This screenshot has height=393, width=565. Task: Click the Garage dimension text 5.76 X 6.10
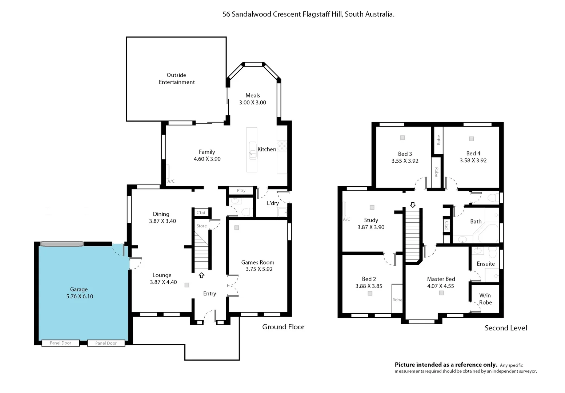tap(80, 297)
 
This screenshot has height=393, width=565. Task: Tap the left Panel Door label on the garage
tap(60, 343)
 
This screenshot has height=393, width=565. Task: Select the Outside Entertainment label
tap(177, 79)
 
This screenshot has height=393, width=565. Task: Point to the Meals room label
tap(253, 95)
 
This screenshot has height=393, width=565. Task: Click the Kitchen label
tap(267, 149)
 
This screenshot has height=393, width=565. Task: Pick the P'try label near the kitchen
tap(241, 190)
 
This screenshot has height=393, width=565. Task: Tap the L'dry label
tap(273, 203)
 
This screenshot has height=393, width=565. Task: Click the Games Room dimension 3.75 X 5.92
tap(259, 269)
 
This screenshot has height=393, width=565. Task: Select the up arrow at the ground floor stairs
tap(201, 275)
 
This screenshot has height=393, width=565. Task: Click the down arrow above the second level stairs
tap(412, 205)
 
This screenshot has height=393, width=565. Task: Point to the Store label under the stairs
tap(201, 226)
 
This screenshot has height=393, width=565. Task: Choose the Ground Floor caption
tap(283, 327)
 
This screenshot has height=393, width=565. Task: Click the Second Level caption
tap(506, 328)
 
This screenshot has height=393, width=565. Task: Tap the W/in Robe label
tap(485, 299)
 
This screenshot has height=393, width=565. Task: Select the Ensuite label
tap(486, 264)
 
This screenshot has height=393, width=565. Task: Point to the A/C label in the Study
tap(346, 219)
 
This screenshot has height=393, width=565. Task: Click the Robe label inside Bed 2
tap(397, 300)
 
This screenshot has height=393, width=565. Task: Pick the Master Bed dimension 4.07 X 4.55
tap(441, 286)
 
